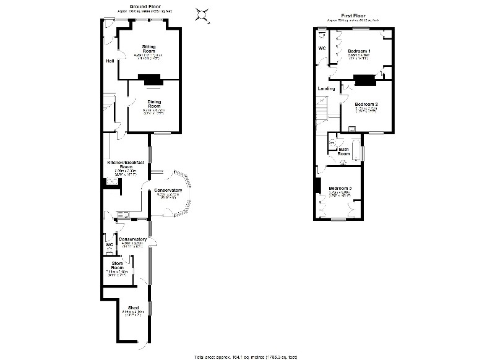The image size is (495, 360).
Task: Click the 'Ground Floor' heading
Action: (x=142, y=6)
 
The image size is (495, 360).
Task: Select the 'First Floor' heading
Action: (x=355, y=15)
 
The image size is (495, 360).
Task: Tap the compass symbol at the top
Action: (x=201, y=14)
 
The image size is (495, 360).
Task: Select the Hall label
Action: (x=110, y=61)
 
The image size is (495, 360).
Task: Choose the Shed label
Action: (x=132, y=307)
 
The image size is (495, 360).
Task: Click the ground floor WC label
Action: (x=109, y=244)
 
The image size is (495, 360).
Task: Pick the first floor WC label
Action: (x=322, y=48)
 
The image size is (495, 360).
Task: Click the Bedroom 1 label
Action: (x=359, y=50)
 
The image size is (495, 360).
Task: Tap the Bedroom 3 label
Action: (x=340, y=188)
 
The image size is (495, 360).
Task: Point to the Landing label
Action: (x=326, y=88)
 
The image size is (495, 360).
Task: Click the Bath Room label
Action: (x=343, y=151)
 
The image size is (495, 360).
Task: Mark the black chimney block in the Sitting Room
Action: (x=150, y=79)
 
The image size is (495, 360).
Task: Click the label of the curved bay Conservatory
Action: (x=168, y=190)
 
